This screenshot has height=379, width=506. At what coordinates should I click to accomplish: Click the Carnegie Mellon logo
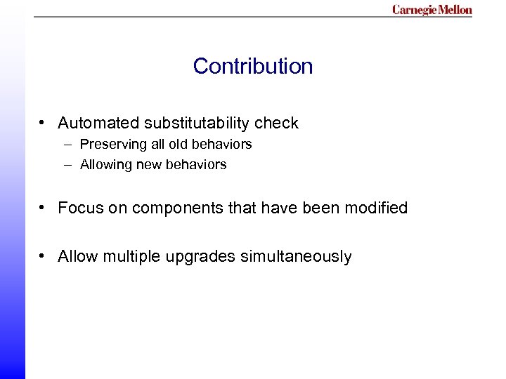432,10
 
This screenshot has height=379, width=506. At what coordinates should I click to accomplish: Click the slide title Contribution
253,66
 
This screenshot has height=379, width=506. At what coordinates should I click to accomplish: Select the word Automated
98,124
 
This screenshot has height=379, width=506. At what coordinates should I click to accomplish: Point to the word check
276,124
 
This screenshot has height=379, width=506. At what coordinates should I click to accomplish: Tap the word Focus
79,208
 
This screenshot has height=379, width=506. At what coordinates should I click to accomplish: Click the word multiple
132,257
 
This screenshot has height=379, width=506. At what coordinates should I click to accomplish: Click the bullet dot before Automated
44,124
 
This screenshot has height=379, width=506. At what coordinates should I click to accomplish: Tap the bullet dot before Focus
44,208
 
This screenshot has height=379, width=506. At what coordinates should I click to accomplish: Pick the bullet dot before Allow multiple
44,256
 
